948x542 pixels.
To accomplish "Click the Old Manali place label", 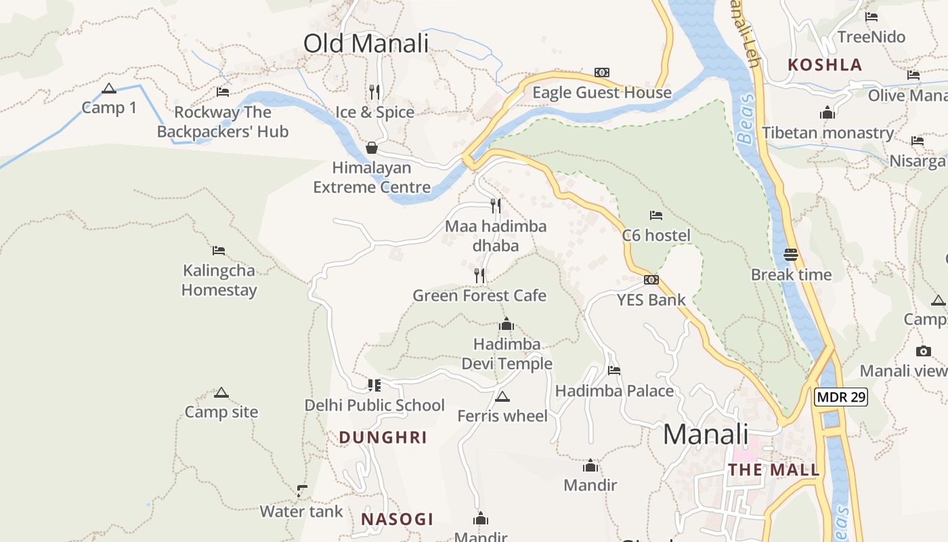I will point(366,43).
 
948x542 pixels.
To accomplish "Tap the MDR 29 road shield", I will point(840,397).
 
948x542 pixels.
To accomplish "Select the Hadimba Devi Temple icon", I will point(507,325).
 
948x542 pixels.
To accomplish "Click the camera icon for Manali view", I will point(923,351).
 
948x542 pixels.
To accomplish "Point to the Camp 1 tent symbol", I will point(109,88).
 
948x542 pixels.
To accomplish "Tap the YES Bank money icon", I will point(651,280).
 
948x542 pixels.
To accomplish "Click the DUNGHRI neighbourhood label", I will point(383,438).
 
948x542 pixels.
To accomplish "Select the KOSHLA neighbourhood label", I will point(825,65).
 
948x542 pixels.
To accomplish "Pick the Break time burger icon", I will point(791,255).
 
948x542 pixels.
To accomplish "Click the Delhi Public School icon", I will point(374,385).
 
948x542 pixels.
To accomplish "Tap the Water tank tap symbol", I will point(302,491).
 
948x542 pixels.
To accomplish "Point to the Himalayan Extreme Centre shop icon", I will point(372,148).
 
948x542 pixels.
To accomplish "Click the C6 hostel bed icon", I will point(655,215).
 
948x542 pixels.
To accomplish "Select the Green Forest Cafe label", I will point(479,295).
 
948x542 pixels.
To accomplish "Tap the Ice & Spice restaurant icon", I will point(374,91).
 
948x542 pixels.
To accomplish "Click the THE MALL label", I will point(773,470).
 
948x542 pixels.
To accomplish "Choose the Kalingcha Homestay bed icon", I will point(218,251).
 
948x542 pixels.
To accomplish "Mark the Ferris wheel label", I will point(502,416).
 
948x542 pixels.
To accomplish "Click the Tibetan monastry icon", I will point(827,113).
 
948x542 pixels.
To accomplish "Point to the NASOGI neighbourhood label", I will point(397,520).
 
